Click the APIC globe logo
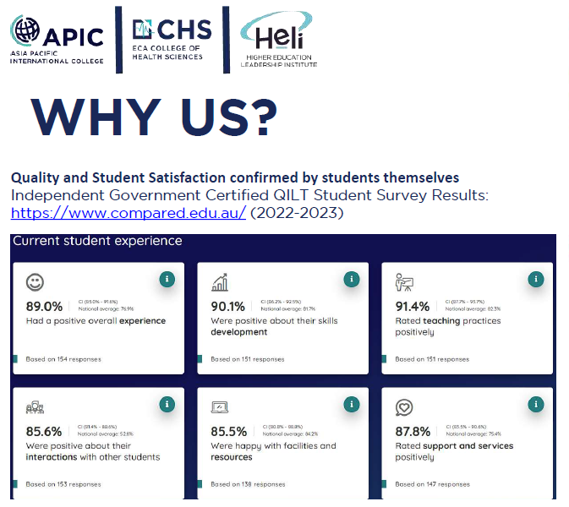pos(26,31)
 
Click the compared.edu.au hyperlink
pos(129,212)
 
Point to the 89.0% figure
pos(44,307)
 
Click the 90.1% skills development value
pos(228,307)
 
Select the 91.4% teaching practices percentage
pos(413,307)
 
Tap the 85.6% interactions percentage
pos(44,432)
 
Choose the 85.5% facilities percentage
pos(228,432)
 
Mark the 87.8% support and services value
pos(413,432)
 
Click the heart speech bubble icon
pos(404,408)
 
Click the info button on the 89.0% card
pos(167,280)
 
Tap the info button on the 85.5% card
pos(352,405)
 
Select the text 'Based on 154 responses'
pos(63,359)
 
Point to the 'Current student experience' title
pos(97,241)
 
